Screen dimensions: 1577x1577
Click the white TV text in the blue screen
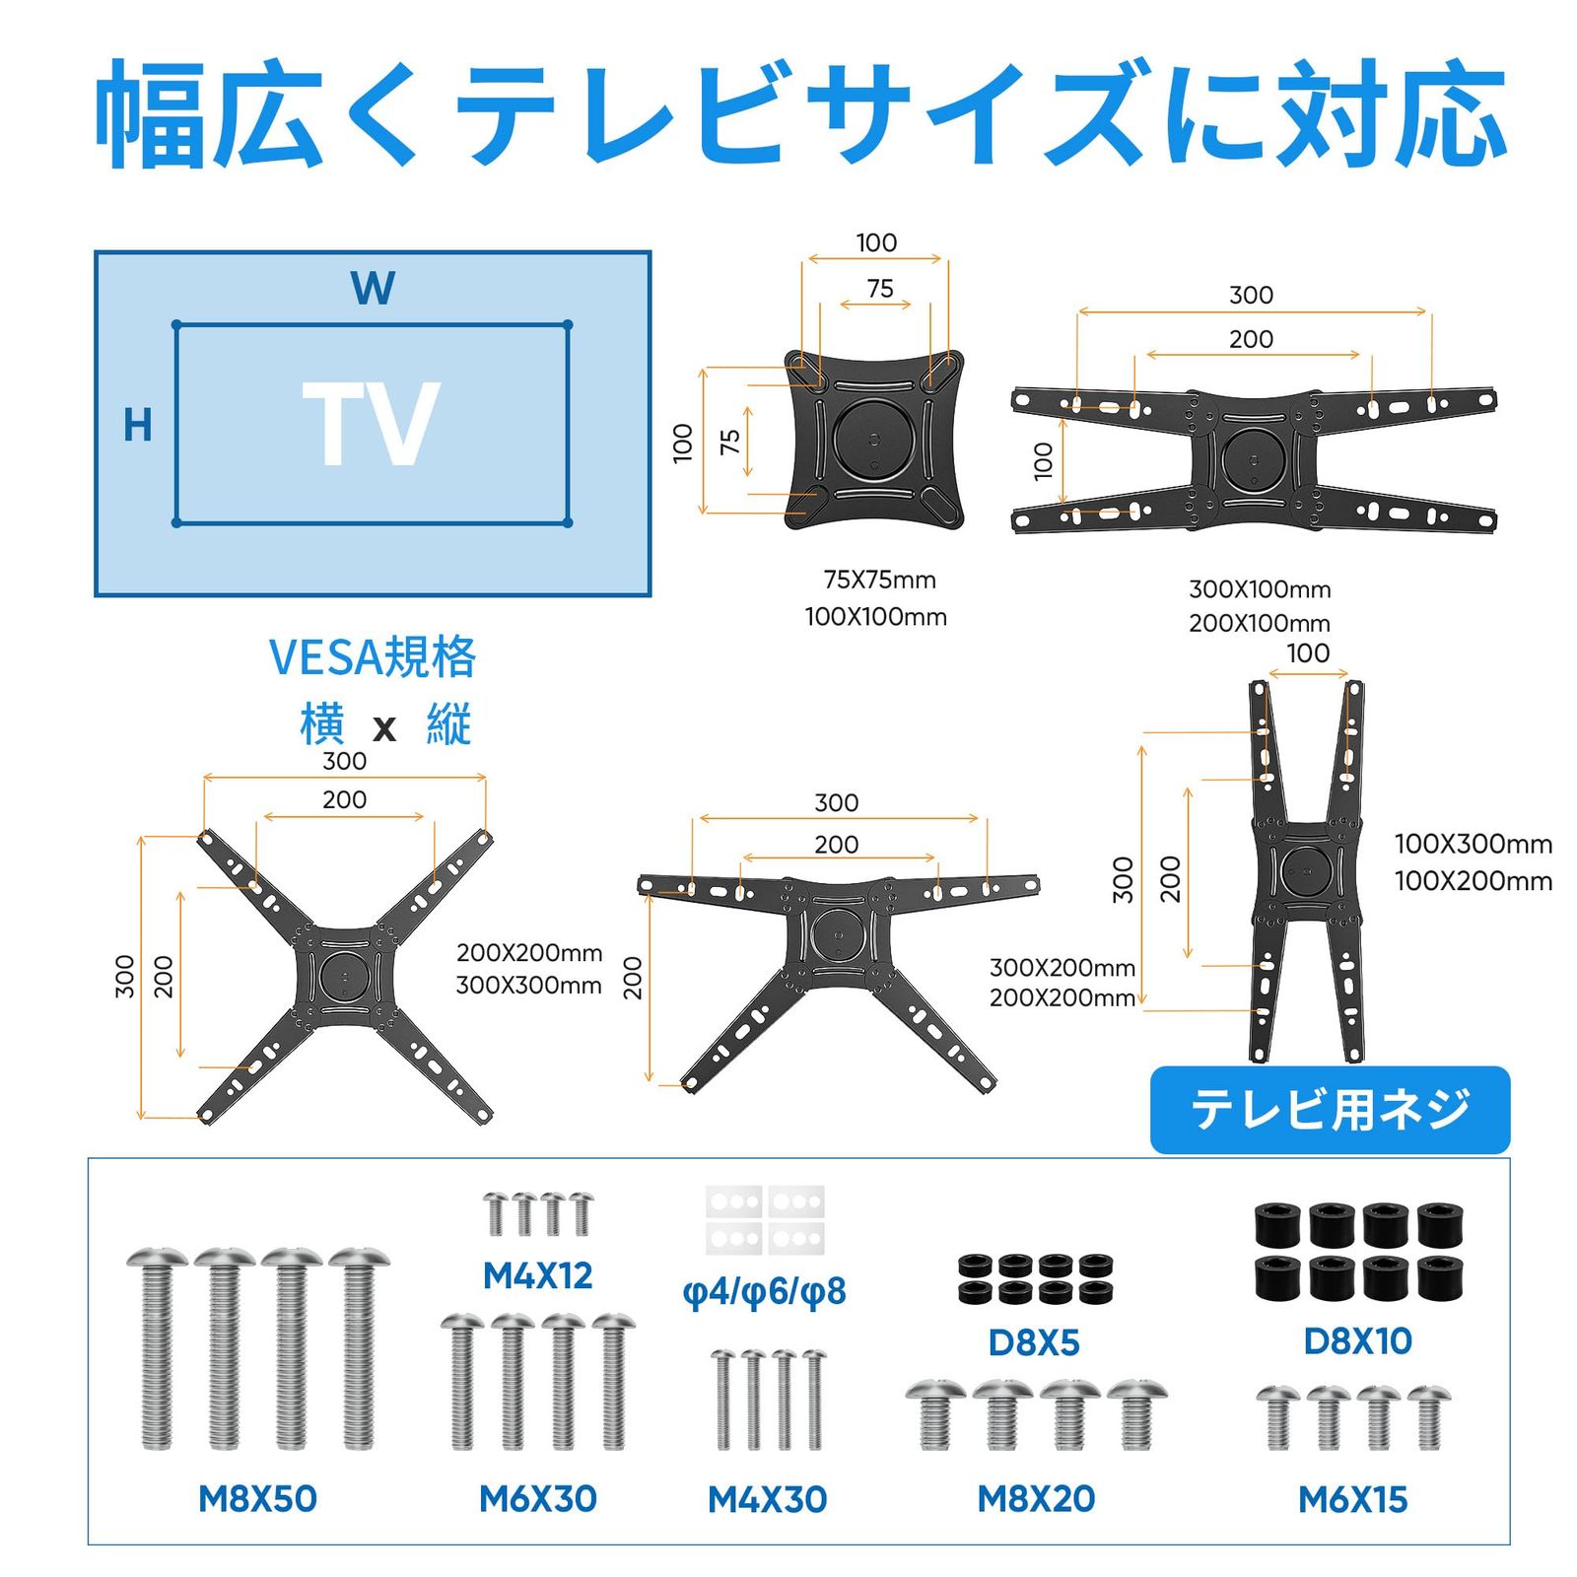(x=371, y=425)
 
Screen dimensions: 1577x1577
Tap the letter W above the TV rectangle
(x=373, y=289)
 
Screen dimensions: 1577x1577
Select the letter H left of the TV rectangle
(x=138, y=426)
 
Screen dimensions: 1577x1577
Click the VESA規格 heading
(x=373, y=657)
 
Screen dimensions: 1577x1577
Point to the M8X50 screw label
(x=257, y=1499)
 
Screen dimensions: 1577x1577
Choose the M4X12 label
(x=537, y=1276)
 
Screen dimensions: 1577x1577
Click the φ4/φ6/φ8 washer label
(x=764, y=1291)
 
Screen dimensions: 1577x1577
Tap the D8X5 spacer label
(x=1034, y=1342)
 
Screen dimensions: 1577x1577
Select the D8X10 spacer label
(x=1357, y=1341)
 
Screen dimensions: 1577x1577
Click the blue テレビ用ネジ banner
(x=1330, y=1110)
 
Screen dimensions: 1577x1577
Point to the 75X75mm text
(x=879, y=581)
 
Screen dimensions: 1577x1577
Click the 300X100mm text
(x=1260, y=589)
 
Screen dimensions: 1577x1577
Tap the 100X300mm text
(x=1473, y=845)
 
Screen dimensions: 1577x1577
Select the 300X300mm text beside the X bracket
(x=528, y=986)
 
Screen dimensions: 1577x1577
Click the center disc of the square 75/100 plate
(x=873, y=438)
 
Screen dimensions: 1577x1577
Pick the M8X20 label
(x=1036, y=1499)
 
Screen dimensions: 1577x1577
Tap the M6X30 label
(x=537, y=1499)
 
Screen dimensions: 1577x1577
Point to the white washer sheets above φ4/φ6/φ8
(x=765, y=1219)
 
